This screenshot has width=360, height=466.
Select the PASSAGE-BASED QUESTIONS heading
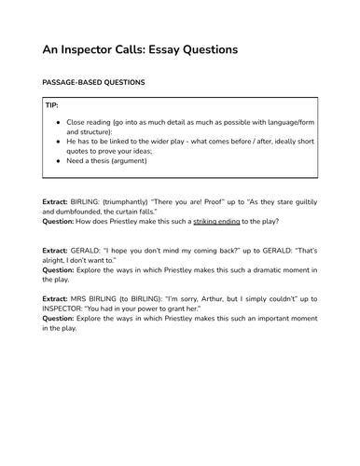click(94, 83)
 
